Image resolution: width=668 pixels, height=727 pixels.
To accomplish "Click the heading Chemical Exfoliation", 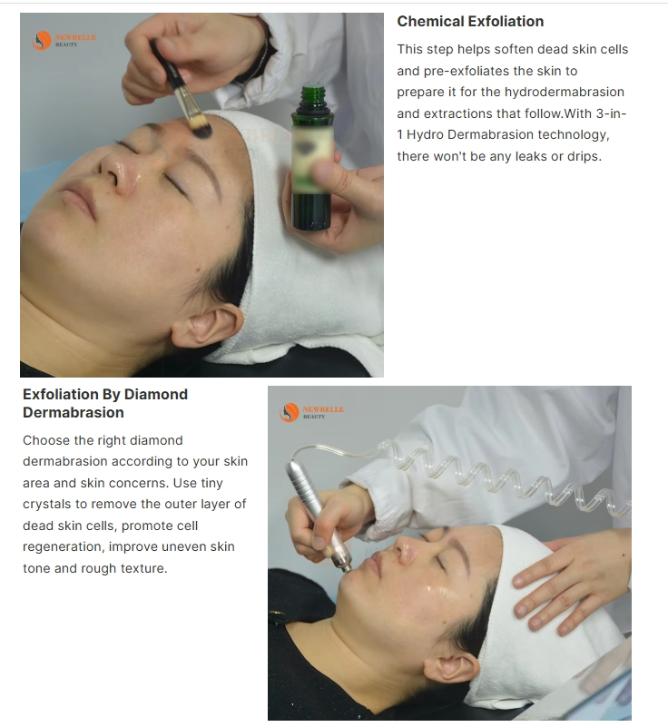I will coord(470,21).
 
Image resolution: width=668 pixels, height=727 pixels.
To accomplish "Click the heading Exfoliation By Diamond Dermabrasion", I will coord(105,403).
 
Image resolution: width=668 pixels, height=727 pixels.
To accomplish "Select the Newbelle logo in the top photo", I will coord(64,40).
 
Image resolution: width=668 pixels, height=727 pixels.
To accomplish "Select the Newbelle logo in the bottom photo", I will coord(311,413).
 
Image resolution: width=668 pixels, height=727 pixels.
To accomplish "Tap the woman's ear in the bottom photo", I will coord(451,667).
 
